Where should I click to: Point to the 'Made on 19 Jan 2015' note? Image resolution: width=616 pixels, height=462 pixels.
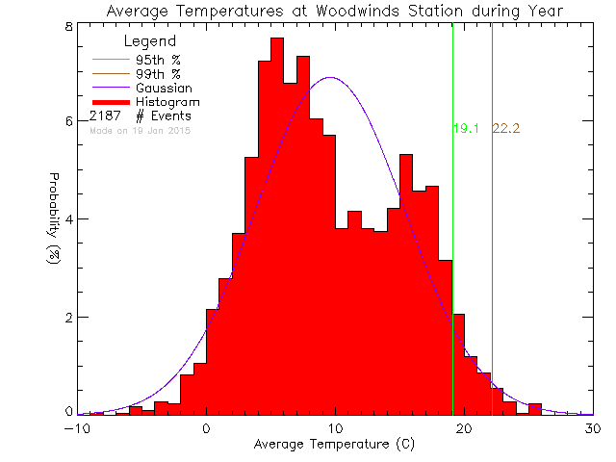tap(141, 130)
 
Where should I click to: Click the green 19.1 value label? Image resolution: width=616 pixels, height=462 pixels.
tap(466, 128)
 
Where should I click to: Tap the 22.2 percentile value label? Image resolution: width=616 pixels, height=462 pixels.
tap(506, 128)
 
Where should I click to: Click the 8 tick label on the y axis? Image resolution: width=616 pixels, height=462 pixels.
tap(69, 26)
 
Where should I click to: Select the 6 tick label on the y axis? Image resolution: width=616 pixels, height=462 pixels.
tap(69, 121)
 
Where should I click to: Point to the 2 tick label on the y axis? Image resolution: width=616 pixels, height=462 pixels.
tap(69, 317)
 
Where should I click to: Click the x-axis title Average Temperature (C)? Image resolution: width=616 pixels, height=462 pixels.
tap(336, 445)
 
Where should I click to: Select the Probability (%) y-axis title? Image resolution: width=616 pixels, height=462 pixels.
tap(55, 219)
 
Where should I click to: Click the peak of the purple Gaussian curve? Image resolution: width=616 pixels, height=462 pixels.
tap(330, 78)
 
